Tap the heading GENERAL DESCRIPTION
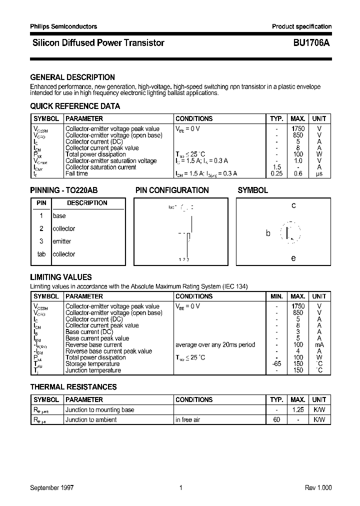[x=72, y=77]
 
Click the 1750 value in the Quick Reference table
[x=298, y=129]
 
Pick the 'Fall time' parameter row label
[x=76, y=173]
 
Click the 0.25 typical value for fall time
[x=276, y=173]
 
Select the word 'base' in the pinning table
[x=59, y=216]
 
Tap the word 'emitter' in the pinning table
[x=62, y=241]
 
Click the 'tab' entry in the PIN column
[x=41, y=254]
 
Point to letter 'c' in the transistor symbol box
[x=293, y=205]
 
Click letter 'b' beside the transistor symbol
[x=268, y=233]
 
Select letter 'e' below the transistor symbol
[x=293, y=258]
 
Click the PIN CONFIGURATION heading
[x=172, y=190]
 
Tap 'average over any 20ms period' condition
[x=215, y=344]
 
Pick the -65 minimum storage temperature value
[x=276, y=364]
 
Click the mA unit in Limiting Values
[x=319, y=344]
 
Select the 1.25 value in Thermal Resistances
[x=298, y=410]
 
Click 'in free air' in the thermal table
[x=187, y=420]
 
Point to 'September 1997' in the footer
[x=52, y=488]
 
